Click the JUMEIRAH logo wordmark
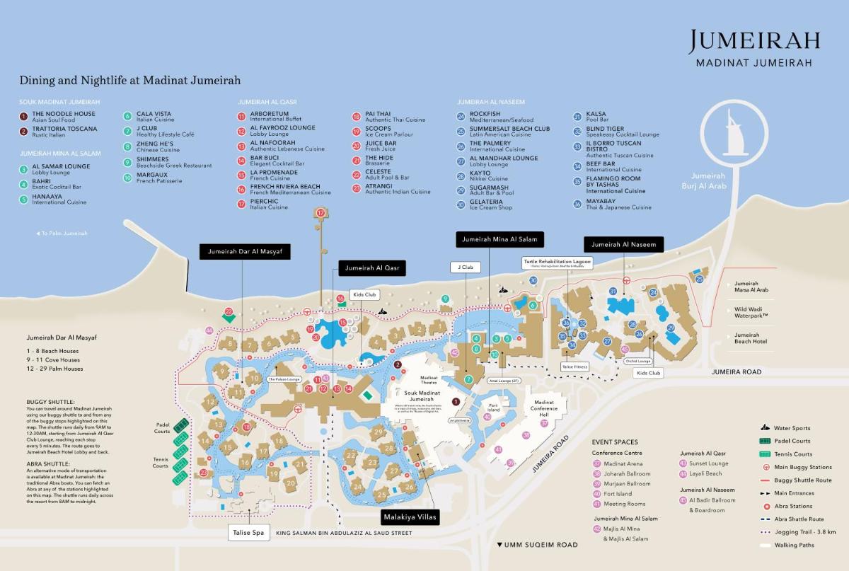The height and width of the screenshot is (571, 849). click(x=754, y=42)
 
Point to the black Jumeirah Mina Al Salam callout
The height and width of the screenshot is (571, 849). click(x=499, y=239)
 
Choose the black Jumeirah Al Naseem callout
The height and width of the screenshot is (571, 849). click(x=623, y=245)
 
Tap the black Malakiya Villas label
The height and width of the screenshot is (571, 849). click(x=410, y=517)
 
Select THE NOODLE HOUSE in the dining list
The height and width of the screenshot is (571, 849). click(x=63, y=114)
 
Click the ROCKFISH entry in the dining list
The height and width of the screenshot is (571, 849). click(x=485, y=114)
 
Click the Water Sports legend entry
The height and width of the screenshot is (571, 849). click(x=792, y=428)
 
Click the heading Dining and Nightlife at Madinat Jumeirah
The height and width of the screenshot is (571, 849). click(x=129, y=81)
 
